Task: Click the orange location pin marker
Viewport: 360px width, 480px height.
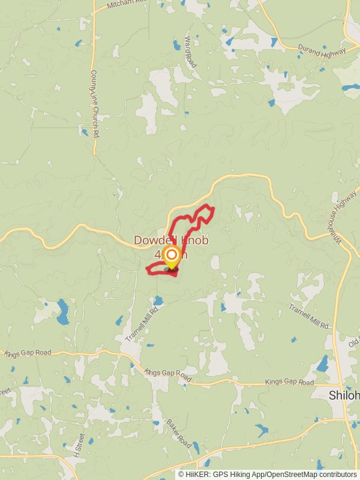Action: tap(172, 257)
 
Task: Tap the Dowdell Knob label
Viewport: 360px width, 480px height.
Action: tap(171, 241)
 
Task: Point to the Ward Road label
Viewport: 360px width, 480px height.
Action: tap(190, 51)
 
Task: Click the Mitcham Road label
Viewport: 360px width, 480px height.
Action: tap(126, 4)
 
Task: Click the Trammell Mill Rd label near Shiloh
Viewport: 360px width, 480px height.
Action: tap(310, 316)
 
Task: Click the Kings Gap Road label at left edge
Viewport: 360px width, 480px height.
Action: tap(28, 353)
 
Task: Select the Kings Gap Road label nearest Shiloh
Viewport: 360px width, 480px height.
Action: tap(289, 382)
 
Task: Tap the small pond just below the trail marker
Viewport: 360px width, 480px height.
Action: tap(158, 299)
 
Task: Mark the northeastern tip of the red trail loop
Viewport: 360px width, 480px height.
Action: tap(212, 208)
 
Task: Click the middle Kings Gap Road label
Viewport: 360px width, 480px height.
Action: tap(168, 376)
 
